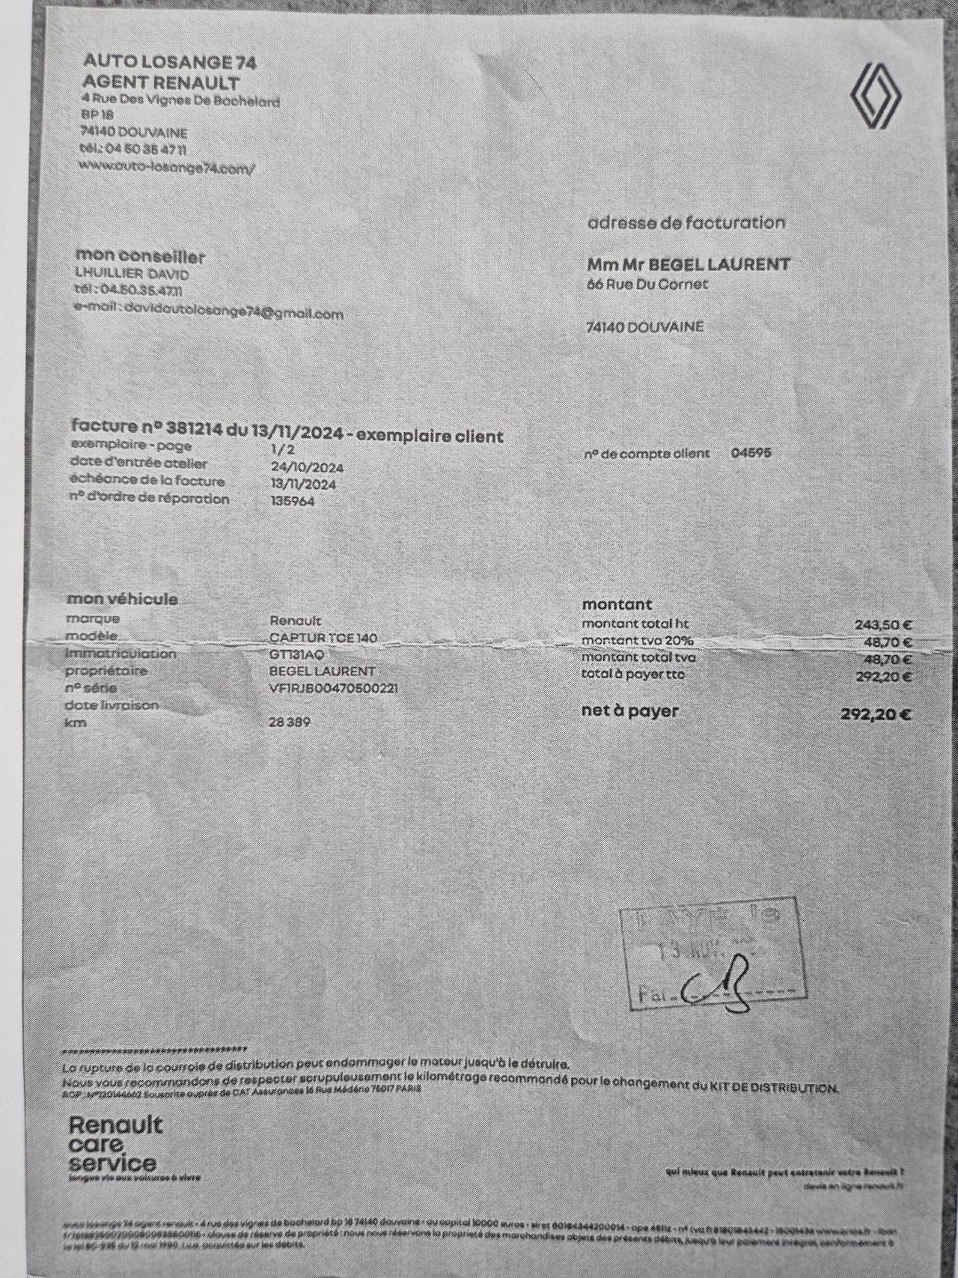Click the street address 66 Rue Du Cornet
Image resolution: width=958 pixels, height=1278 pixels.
pos(647,284)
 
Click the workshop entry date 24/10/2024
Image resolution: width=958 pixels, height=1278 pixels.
pos(307,467)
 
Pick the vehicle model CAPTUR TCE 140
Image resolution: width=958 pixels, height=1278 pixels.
pos(323,639)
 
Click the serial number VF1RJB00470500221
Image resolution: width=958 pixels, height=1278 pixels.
pos(334,688)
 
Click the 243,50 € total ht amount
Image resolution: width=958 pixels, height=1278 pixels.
pos(883,624)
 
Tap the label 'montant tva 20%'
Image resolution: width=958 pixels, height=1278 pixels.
pos(638,641)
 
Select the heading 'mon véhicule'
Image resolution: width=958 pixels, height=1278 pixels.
pos(123,599)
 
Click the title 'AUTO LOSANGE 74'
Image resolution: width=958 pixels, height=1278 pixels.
pos(169,61)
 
